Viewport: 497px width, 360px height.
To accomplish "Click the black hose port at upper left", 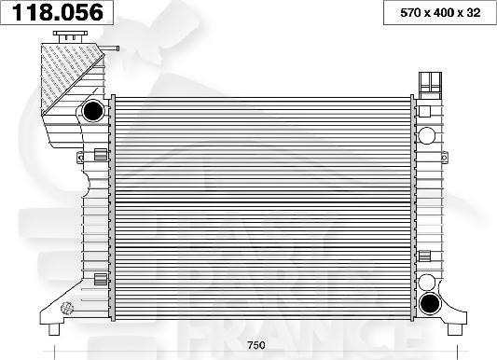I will pos(93,112).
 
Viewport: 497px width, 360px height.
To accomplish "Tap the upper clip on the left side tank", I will pos(101,154).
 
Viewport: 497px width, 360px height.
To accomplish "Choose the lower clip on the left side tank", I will pos(101,277).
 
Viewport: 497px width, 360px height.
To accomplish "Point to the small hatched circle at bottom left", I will pos(66,307).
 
